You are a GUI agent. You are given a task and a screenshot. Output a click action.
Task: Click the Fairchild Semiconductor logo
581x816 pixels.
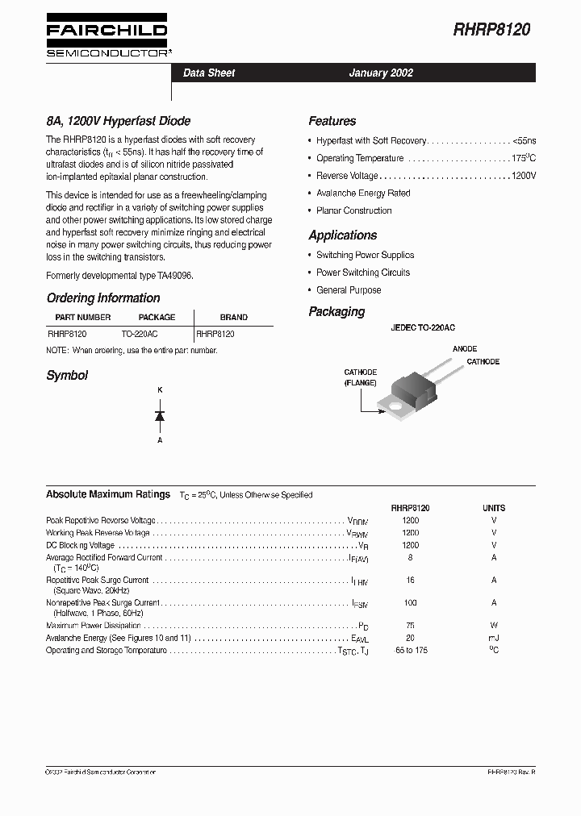pyautogui.click(x=107, y=35)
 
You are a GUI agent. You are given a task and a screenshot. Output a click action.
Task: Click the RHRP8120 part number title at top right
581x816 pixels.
pyautogui.click(x=491, y=31)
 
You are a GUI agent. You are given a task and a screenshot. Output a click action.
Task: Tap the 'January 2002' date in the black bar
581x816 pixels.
pyautogui.click(x=381, y=73)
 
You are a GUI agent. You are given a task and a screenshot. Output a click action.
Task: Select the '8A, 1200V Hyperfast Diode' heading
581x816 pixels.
pyautogui.click(x=119, y=121)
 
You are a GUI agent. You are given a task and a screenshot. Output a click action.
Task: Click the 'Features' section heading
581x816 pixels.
pyautogui.click(x=332, y=121)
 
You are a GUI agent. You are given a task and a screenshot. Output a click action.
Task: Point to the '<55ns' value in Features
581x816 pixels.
pyautogui.click(x=524, y=140)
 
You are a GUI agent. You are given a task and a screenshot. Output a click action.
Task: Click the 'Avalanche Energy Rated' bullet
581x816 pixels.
pyautogui.click(x=363, y=194)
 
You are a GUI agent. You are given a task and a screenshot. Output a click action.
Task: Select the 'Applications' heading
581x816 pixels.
pyautogui.click(x=342, y=235)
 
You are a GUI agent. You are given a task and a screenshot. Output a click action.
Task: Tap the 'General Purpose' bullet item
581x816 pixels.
pyautogui.click(x=349, y=290)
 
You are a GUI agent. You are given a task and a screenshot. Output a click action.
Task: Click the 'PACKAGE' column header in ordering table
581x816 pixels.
pyautogui.click(x=157, y=318)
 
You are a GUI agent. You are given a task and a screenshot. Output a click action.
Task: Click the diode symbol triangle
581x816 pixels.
pyautogui.click(x=160, y=416)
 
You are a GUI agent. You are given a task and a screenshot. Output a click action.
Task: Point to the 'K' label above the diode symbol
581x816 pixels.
pyautogui.click(x=160, y=391)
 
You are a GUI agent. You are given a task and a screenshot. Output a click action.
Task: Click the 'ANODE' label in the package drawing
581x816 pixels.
pyautogui.click(x=464, y=349)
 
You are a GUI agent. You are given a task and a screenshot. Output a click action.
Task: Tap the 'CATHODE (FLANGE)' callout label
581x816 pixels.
pyautogui.click(x=360, y=377)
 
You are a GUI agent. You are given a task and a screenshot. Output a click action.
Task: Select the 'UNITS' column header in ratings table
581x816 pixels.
pyautogui.click(x=494, y=509)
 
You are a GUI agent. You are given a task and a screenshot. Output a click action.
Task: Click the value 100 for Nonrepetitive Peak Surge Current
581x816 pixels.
pyautogui.click(x=410, y=603)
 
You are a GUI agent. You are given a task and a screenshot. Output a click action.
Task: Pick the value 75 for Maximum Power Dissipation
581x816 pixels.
pyautogui.click(x=410, y=626)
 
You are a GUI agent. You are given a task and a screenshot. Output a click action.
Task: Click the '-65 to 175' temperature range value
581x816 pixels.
pyautogui.click(x=410, y=651)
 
